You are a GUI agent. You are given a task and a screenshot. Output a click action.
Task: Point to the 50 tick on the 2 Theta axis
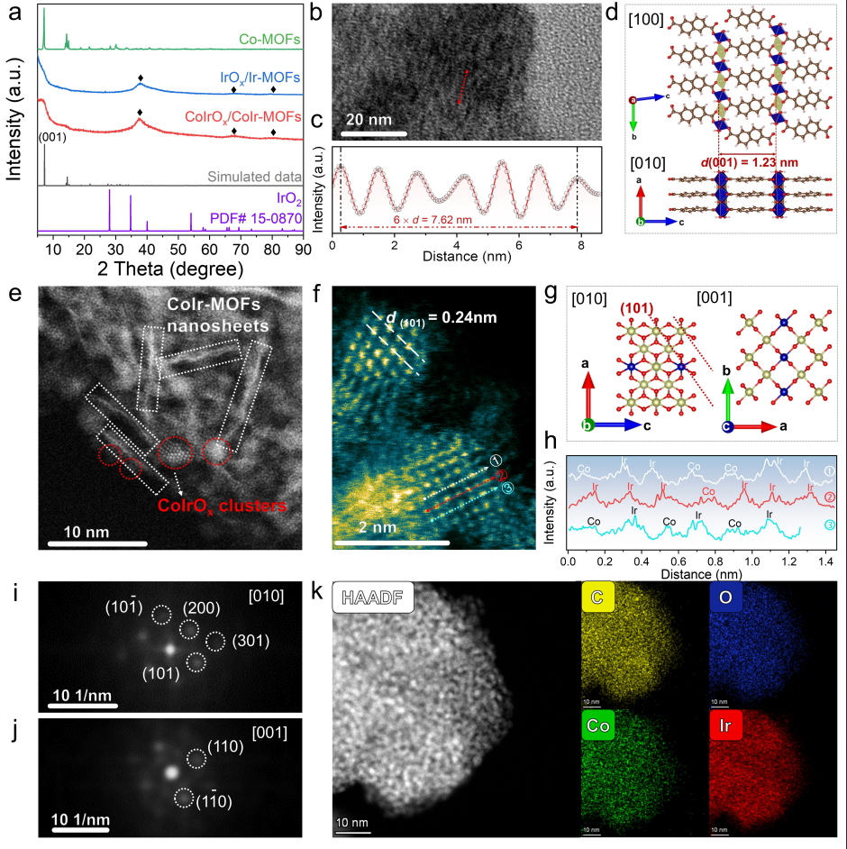(180, 249)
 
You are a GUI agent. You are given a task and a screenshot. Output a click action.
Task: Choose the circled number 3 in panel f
(508, 488)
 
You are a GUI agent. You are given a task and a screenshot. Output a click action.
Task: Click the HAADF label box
(372, 598)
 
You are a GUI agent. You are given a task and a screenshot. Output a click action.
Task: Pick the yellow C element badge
(597, 598)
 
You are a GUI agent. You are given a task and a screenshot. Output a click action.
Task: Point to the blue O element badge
(724, 598)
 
